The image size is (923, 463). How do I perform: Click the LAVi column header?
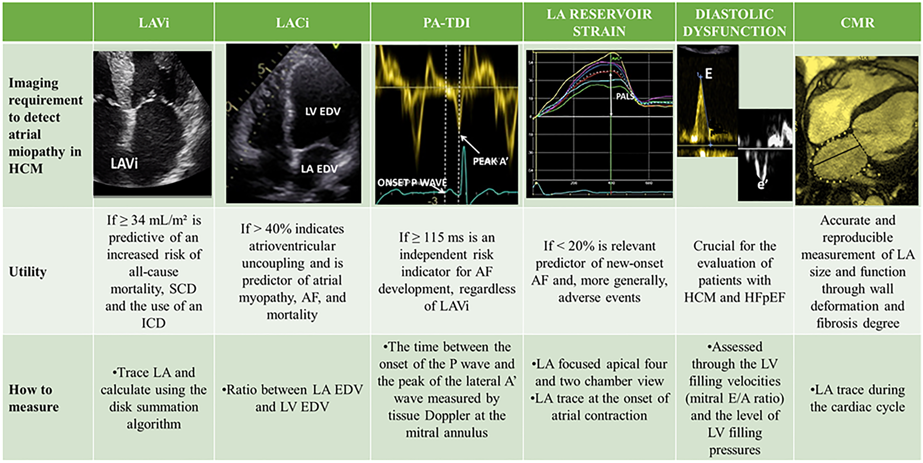(154, 23)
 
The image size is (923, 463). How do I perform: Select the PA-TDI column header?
(446, 23)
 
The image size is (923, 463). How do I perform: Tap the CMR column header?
(857, 23)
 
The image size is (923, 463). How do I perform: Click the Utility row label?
(28, 272)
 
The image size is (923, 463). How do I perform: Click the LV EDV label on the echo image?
(323, 111)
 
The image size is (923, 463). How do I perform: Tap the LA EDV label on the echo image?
(319, 169)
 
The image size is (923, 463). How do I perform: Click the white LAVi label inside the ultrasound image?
(124, 163)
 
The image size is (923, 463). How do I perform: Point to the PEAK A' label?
(490, 161)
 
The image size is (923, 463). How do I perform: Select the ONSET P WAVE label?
(412, 183)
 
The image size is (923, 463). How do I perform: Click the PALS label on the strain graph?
(625, 96)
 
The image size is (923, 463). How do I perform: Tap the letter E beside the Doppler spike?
(709, 74)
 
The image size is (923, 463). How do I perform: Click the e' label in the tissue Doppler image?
(762, 184)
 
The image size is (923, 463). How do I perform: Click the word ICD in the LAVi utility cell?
(153, 323)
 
